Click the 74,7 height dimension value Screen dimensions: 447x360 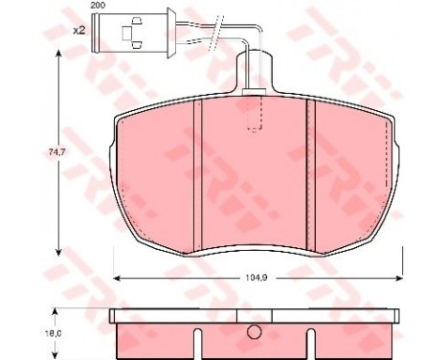coord(57,152)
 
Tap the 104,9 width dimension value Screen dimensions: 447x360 coord(257,278)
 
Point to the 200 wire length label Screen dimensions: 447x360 coord(98,6)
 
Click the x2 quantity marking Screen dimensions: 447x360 coord(79,31)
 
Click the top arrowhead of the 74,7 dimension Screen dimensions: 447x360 coord(57,56)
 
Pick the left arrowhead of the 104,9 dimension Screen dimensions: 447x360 coord(118,279)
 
